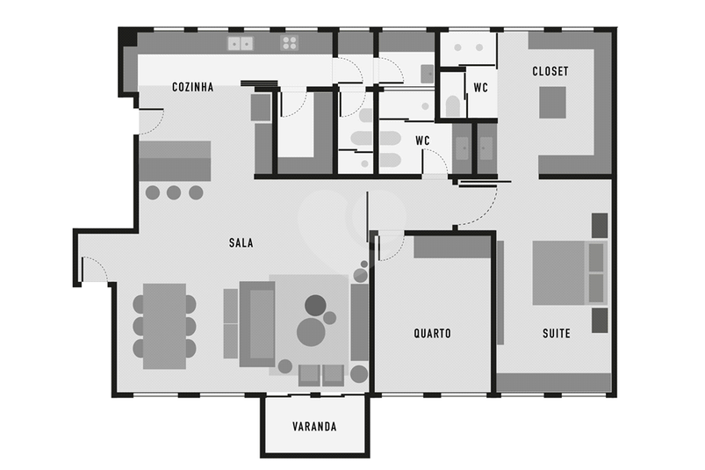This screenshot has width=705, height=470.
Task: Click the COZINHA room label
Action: (x=193, y=87)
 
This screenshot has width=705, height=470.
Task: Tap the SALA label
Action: (x=241, y=242)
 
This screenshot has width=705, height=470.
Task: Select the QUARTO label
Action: (x=432, y=333)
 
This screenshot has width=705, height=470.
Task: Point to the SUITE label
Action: (x=556, y=333)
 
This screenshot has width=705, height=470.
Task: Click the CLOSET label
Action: (x=550, y=71)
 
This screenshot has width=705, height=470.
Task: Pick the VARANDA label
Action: (x=314, y=426)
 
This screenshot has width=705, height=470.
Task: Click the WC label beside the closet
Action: (x=480, y=87)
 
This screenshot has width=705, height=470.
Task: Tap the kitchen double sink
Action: (x=241, y=44)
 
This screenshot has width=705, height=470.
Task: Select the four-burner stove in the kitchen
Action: (x=290, y=43)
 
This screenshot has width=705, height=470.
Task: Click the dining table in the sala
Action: (x=164, y=326)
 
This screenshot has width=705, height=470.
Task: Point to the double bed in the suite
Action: (x=569, y=273)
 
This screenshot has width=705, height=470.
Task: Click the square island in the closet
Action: (x=552, y=103)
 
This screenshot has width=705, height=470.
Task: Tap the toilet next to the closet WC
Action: (x=453, y=106)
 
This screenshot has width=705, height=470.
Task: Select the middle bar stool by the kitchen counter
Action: (x=174, y=193)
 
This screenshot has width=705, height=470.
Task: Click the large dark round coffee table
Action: (x=316, y=306)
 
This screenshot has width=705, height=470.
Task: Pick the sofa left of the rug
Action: (x=257, y=324)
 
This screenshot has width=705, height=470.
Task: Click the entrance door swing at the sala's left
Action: (x=96, y=268)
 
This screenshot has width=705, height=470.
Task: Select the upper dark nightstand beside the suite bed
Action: (x=600, y=225)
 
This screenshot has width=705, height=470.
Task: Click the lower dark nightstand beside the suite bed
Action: (x=600, y=321)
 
